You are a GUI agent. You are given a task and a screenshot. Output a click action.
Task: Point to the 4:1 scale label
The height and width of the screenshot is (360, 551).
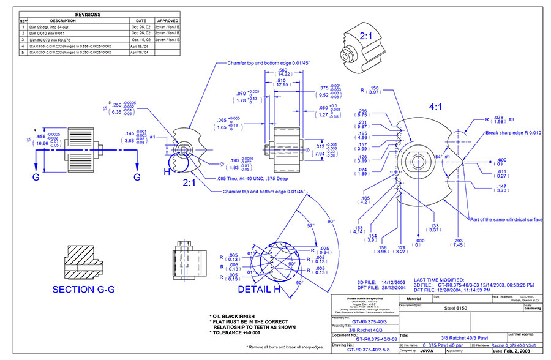435,107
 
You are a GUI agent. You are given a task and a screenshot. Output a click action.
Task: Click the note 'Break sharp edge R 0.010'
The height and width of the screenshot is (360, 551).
513,133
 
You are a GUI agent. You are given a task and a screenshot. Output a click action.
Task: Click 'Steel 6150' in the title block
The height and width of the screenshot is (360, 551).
455,309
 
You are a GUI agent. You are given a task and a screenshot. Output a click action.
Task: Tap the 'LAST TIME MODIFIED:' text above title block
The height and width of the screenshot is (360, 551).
441,279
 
